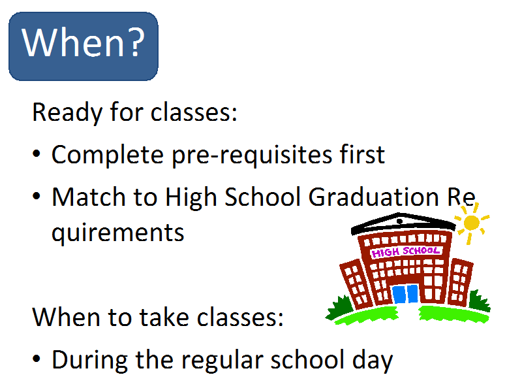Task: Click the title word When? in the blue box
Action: pyautogui.click(x=84, y=42)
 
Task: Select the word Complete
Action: pyautogui.click(x=107, y=155)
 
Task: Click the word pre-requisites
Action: pyautogui.click(x=252, y=155)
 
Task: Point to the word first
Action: pyautogui.click(x=362, y=154)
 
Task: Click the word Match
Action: pyautogui.click(x=89, y=197)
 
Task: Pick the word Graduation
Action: pyautogui.click(x=373, y=197)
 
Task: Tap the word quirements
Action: pyautogui.click(x=117, y=233)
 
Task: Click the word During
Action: pyautogui.click(x=89, y=361)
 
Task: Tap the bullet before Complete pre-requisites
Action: pyautogui.click(x=37, y=154)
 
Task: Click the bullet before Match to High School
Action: pyautogui.click(x=37, y=196)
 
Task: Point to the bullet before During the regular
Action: pyautogui.click(x=37, y=359)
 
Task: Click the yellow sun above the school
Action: pyautogui.click(x=471, y=223)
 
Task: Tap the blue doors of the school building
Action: pyautogui.click(x=405, y=294)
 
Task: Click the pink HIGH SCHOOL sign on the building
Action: pyautogui.click(x=405, y=252)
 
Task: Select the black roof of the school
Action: pyautogui.click(x=403, y=223)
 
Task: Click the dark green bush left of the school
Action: pyautogui.click(x=339, y=307)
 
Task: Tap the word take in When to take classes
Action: pyautogui.click(x=164, y=317)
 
